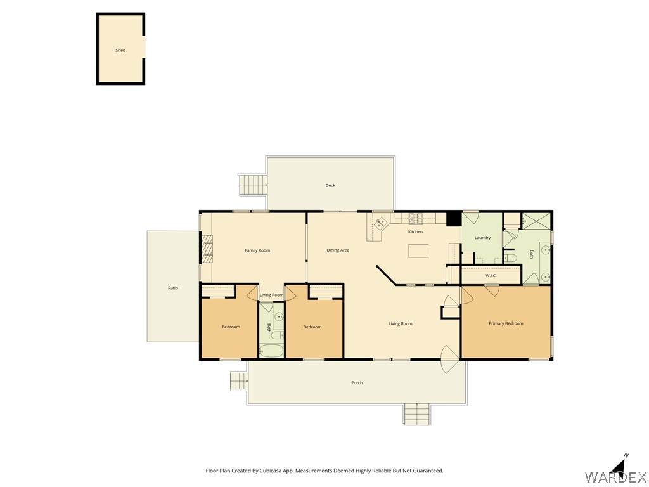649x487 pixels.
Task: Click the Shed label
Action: [120, 51]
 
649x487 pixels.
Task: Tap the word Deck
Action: [330, 186]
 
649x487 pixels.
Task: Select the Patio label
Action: [173, 288]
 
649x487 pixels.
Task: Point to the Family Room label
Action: [257, 250]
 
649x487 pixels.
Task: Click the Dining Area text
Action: [338, 250]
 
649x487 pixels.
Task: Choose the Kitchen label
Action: [416, 232]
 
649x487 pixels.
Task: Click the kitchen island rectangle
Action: [418, 251]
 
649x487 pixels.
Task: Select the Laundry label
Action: [482, 238]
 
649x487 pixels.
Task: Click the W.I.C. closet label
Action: [491, 276]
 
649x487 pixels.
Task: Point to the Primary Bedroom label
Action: [506, 323]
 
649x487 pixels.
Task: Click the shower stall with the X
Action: [536, 221]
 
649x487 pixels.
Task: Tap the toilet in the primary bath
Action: [511, 259]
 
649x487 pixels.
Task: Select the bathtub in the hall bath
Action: [271, 351]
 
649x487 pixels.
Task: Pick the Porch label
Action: [357, 383]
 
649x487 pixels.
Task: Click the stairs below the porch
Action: [418, 413]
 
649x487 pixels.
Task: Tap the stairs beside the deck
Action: [253, 185]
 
